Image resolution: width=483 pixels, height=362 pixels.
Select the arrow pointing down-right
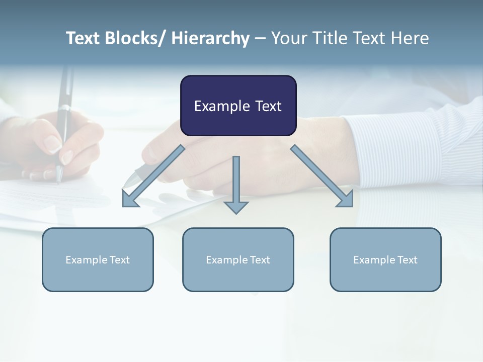[322, 176]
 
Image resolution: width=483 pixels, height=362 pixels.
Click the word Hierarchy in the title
[210, 38]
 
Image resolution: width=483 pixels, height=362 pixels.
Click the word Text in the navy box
[268, 106]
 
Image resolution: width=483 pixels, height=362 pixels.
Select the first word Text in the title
[83, 38]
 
